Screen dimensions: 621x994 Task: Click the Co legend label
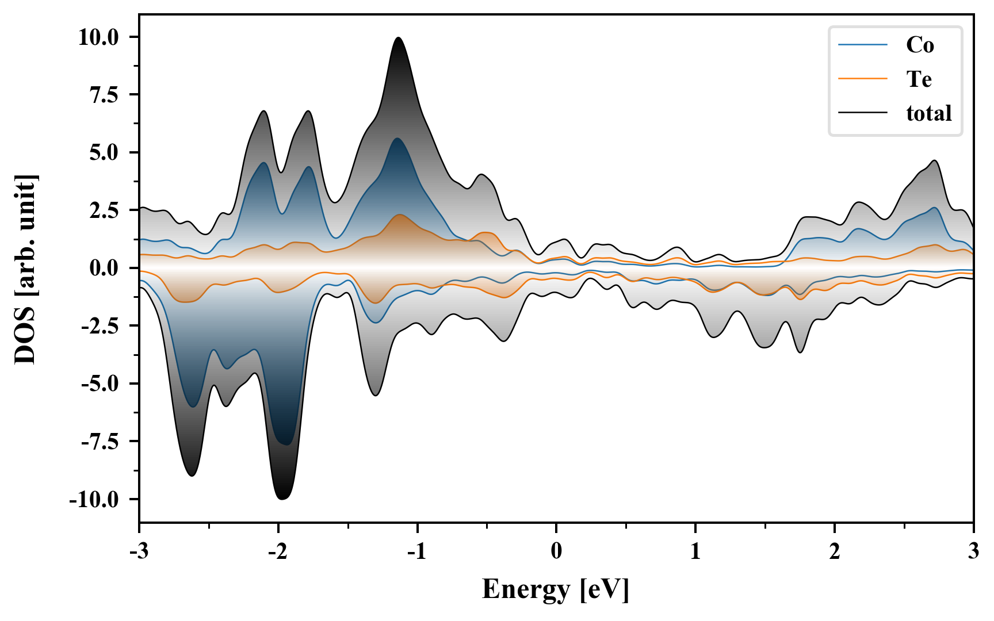pyautogui.click(x=919, y=45)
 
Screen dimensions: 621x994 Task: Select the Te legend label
pyautogui.click(x=919, y=79)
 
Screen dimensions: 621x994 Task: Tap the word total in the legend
pyautogui.click(x=928, y=113)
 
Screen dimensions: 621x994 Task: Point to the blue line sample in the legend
pyautogui.click(x=863, y=45)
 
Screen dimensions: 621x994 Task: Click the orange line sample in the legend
pyautogui.click(x=863, y=79)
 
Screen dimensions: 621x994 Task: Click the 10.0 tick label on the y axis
pyautogui.click(x=98, y=37)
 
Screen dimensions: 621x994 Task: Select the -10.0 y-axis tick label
pyautogui.click(x=94, y=499)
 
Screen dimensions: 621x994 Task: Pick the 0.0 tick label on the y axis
pyautogui.click(x=104, y=268)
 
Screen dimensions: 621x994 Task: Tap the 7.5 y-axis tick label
pyautogui.click(x=104, y=95)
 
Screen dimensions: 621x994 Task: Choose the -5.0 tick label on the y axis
pyautogui.click(x=100, y=384)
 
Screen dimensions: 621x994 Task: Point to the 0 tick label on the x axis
pyautogui.click(x=556, y=551)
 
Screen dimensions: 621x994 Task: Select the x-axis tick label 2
pyautogui.click(x=834, y=551)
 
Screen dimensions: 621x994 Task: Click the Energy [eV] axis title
pyautogui.click(x=556, y=589)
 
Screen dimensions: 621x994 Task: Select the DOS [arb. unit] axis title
pyautogui.click(x=25, y=269)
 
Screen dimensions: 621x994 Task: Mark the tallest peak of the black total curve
pyautogui.click(x=398, y=38)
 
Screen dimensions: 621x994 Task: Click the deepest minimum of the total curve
pyautogui.click(x=282, y=499)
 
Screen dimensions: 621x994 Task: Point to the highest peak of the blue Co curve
pyautogui.click(x=397, y=139)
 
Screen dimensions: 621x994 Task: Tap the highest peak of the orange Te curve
pyautogui.click(x=399, y=214)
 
